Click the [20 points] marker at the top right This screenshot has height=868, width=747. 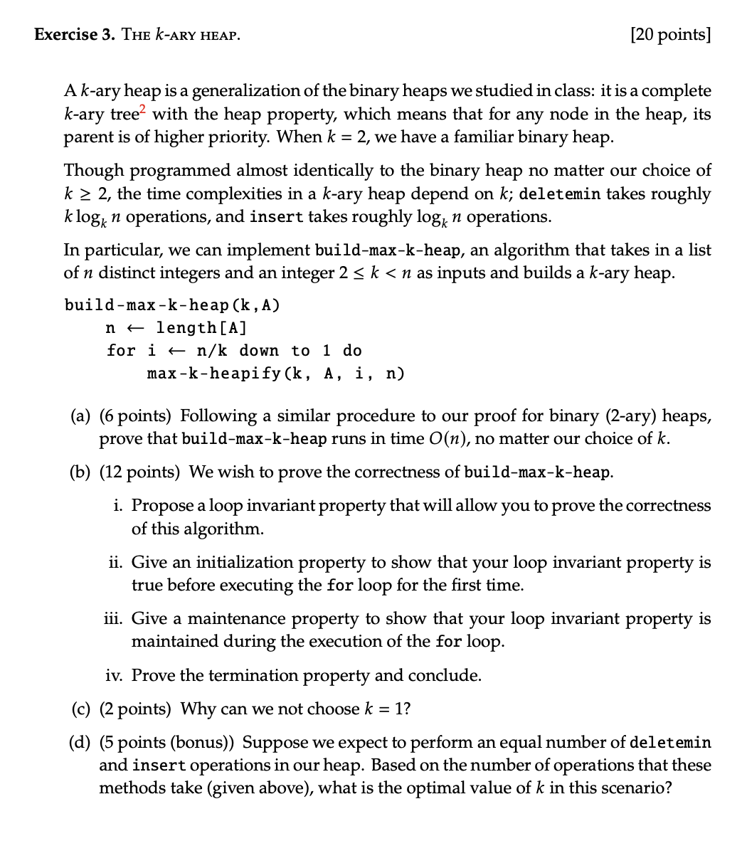670,34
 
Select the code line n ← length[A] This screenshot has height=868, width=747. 176,328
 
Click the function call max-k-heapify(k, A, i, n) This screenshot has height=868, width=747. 276,374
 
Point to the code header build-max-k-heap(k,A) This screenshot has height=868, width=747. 172,305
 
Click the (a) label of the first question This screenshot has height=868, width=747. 80,416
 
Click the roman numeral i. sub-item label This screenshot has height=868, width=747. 119,506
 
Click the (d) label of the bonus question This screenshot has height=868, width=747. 80,743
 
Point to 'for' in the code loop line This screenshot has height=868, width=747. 120,351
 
